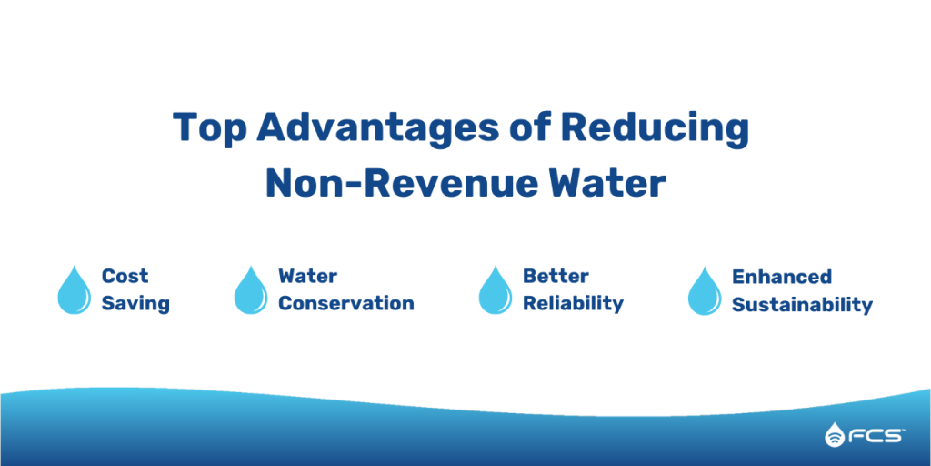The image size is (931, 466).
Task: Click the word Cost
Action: click(125, 276)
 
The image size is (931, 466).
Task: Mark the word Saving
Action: click(135, 304)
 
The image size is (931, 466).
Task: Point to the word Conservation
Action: click(345, 304)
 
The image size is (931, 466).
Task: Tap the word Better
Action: click(556, 276)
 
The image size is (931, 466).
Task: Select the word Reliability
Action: click(573, 304)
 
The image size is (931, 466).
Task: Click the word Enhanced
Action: click(782, 276)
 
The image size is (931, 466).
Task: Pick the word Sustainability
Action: click(802, 304)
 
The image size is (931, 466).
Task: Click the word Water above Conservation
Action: click(307, 276)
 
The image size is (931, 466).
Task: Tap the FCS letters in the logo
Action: click(876, 436)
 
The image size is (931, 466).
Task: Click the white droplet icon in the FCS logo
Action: click(835, 436)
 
